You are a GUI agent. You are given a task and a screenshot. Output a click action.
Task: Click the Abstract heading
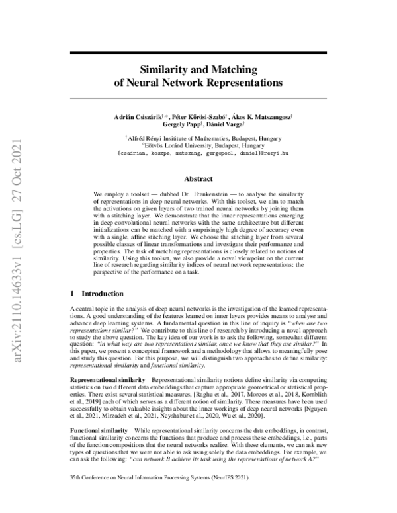click(x=198, y=179)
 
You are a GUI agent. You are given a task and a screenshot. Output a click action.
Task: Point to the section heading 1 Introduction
click(x=97, y=293)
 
